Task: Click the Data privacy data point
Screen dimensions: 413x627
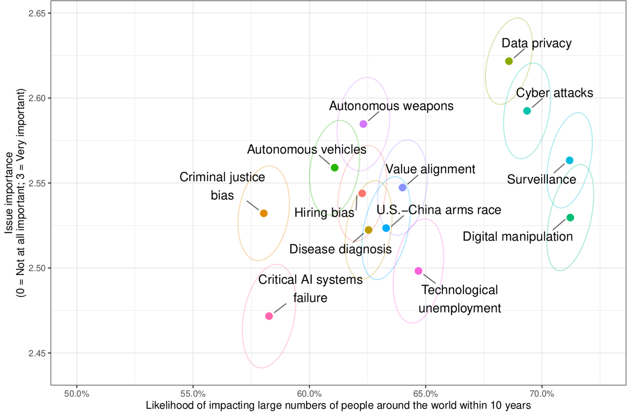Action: pos(509,61)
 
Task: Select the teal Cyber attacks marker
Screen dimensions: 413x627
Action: pos(527,111)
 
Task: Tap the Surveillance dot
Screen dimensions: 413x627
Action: pos(570,160)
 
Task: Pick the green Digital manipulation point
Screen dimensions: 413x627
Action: pos(570,218)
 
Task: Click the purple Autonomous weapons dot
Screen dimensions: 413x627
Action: pos(363,124)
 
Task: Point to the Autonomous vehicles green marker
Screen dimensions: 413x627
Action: pos(335,167)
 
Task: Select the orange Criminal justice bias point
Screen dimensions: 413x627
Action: pos(264,213)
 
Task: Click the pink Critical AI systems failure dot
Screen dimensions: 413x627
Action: pos(269,316)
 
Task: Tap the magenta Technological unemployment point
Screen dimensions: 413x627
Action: pos(418,271)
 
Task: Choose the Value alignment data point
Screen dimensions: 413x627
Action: pos(402,187)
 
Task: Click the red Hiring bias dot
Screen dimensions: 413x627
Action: pos(362,193)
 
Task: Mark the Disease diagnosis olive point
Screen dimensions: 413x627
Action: pos(368,230)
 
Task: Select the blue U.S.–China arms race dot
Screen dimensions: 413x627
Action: pos(386,228)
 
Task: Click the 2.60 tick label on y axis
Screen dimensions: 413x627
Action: pos(37,98)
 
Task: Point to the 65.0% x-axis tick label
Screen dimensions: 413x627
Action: pos(425,394)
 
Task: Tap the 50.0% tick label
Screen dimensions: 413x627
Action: pos(77,394)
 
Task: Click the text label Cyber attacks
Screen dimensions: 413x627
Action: pos(554,93)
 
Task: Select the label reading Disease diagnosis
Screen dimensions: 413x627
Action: pos(340,249)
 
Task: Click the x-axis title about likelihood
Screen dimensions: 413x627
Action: pos(338,405)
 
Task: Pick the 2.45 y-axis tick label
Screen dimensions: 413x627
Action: pos(37,353)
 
